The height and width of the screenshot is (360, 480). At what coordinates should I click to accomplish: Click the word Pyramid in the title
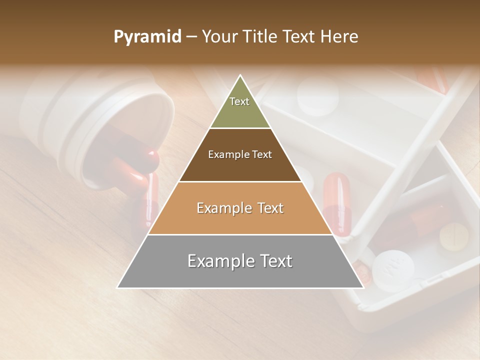tap(147, 37)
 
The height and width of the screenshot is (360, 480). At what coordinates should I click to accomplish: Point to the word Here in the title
tap(340, 37)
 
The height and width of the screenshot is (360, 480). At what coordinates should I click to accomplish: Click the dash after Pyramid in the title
tap(191, 37)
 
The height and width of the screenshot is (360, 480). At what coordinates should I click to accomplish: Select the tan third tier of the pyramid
tap(240, 220)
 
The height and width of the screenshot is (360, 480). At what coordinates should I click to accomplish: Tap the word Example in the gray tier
tap(220, 261)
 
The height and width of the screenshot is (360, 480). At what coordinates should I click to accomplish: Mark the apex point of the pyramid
tap(240, 75)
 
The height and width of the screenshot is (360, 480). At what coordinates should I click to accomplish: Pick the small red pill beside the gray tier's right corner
tap(363, 274)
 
